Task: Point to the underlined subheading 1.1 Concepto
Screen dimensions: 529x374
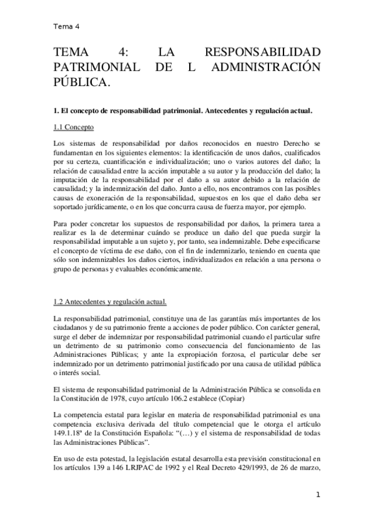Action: (74, 127)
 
